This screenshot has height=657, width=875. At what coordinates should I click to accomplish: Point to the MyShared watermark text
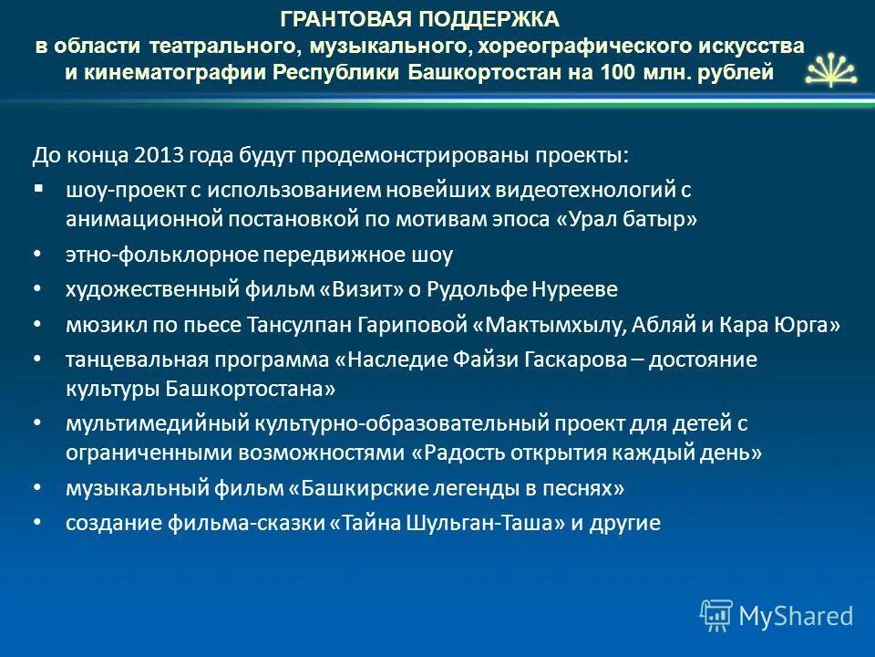(796, 616)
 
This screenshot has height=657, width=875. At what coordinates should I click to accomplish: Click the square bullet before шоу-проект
(38, 188)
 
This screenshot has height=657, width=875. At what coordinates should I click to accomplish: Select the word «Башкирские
(346, 488)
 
